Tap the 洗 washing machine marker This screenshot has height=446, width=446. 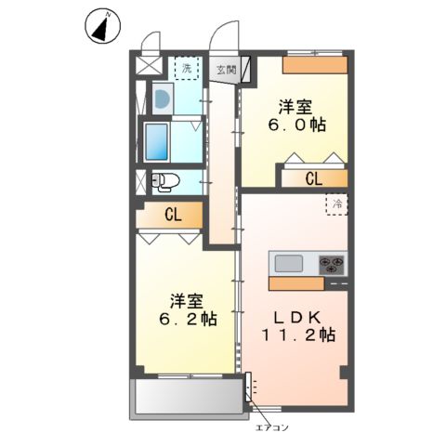point(187,68)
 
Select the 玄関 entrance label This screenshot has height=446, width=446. point(226,69)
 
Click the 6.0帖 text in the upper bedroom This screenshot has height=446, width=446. point(297,127)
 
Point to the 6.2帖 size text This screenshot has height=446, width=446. point(192,319)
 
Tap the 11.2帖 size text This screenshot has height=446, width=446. point(297,334)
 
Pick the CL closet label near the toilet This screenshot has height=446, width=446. point(173,215)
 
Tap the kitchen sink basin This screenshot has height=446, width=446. point(289,262)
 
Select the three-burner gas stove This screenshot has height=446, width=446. point(332,262)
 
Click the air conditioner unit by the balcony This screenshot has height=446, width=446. point(249,387)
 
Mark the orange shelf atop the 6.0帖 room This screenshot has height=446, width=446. point(315,64)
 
